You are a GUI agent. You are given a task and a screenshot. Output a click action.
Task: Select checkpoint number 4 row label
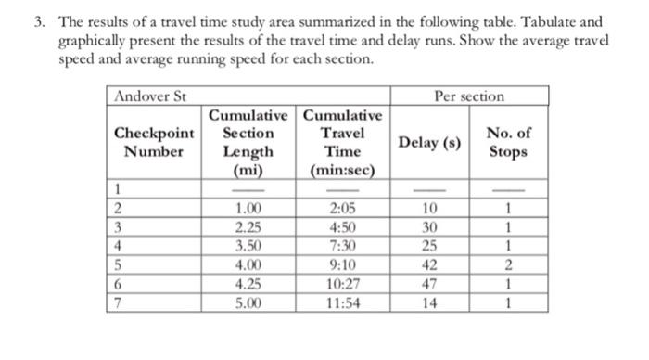(118, 247)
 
